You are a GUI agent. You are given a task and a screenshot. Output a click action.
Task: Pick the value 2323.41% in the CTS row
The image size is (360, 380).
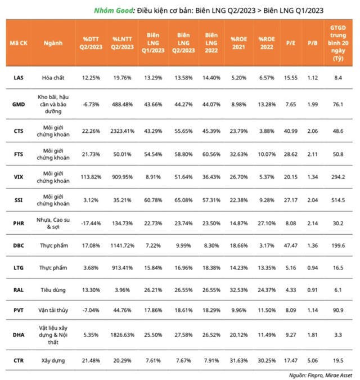coord(123,129)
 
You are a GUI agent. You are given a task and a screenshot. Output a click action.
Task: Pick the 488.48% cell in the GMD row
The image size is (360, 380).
coord(123,104)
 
